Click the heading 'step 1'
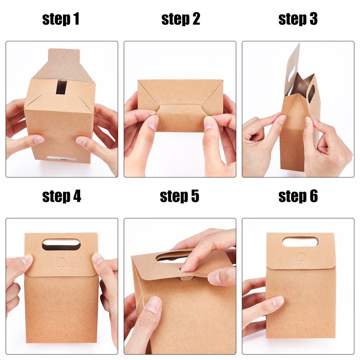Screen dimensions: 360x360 pos(61,19)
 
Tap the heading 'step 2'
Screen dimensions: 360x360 pos(181,19)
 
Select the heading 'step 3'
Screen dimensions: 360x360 pos(298,19)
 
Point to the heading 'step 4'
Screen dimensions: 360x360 pos(62,196)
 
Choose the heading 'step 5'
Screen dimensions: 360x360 pos(179,196)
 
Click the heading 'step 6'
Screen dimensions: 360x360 pos(298,196)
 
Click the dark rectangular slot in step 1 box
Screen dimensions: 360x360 pos(61,87)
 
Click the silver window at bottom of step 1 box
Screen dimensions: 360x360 pos(62,158)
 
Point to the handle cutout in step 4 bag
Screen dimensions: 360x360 pos(61,244)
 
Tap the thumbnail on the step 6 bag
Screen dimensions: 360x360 pos(278,302)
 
